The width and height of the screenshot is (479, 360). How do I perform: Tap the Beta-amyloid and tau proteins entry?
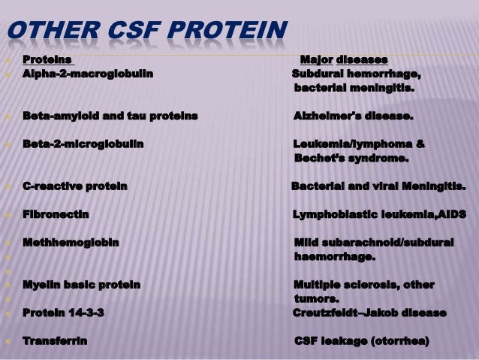point(110,116)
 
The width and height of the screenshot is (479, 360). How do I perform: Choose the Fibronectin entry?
point(56,215)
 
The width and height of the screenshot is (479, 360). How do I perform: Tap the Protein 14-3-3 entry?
point(64,313)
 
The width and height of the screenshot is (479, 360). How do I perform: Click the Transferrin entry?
point(55,341)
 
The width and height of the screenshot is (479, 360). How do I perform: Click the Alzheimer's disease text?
point(353,116)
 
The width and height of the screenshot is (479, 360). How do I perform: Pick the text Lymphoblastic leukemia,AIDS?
point(378,215)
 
